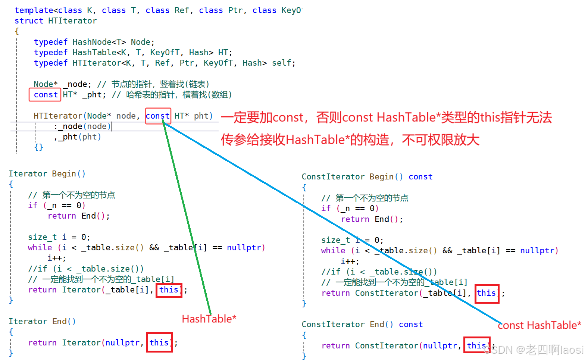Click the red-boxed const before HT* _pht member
(x=45, y=95)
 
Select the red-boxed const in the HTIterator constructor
(x=158, y=116)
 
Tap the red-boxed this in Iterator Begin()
(x=169, y=289)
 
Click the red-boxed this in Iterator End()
(x=159, y=342)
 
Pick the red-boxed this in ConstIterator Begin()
(x=487, y=293)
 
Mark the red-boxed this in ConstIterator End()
(x=477, y=345)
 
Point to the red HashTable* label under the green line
(x=209, y=319)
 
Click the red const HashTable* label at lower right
(x=539, y=325)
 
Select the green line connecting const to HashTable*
(x=187, y=216)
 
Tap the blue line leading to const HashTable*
(x=336, y=224)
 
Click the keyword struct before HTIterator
(x=29, y=21)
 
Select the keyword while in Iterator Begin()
(x=40, y=248)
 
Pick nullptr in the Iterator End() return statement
(x=123, y=342)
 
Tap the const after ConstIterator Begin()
(x=420, y=176)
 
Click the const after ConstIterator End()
(x=411, y=325)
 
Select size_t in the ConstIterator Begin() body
(x=335, y=240)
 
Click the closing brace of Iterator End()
(x=11, y=353)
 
